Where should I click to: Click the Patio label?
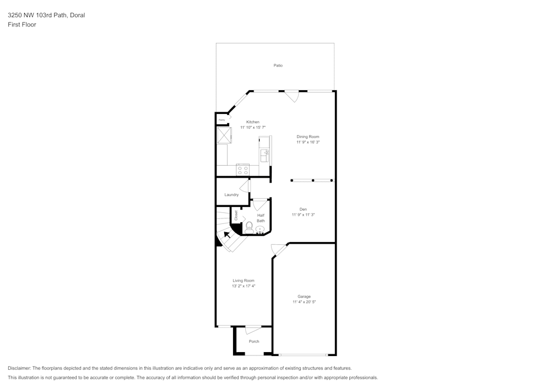pyautogui.click(x=278, y=65)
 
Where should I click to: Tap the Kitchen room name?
pyautogui.click(x=252, y=122)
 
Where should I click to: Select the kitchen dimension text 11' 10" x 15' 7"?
pyautogui.click(x=252, y=128)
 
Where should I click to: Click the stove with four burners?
pyautogui.click(x=243, y=170)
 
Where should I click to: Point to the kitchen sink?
pyautogui.click(x=265, y=156)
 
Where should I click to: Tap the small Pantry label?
pyautogui.click(x=222, y=119)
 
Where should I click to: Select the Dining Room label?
pyautogui.click(x=307, y=136)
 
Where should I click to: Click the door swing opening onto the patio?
pyautogui.click(x=292, y=96)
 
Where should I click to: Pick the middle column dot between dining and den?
pyautogui.click(x=313, y=180)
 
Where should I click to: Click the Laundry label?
pyautogui.click(x=231, y=195)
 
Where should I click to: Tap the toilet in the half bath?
pyautogui.click(x=249, y=226)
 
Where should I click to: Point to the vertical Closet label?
pyautogui.click(x=236, y=215)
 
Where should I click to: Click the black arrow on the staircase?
pyautogui.click(x=227, y=234)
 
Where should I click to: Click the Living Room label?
pyautogui.click(x=243, y=281)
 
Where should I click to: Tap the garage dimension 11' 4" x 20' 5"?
pyautogui.click(x=304, y=302)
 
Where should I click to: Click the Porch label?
pyautogui.click(x=254, y=341)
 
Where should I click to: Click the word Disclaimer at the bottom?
pyautogui.click(x=19, y=368)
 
